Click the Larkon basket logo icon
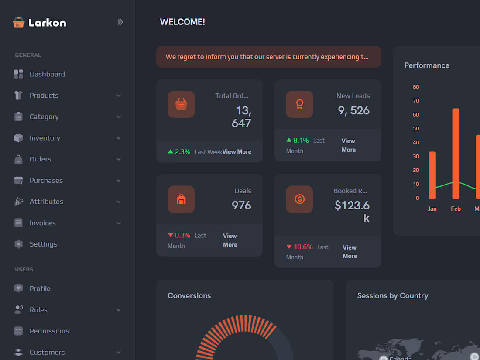[x=18, y=22]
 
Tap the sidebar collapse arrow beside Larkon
[x=120, y=22]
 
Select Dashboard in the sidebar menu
[x=47, y=74]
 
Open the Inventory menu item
[x=45, y=138]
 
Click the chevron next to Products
[x=119, y=96]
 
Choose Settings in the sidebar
[x=43, y=244]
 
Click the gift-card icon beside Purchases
[x=18, y=181]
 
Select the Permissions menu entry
[x=49, y=331]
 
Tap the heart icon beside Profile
[x=18, y=288]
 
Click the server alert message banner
[x=268, y=57]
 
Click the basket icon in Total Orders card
[x=181, y=104]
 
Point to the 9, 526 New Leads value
[x=353, y=110]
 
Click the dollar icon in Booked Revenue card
[x=299, y=199]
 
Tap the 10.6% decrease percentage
[x=303, y=247]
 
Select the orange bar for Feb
[x=456, y=154]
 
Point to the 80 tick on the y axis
[x=416, y=87]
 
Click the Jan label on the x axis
[x=432, y=209]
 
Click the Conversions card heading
[x=189, y=296]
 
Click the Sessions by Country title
[x=392, y=296]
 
